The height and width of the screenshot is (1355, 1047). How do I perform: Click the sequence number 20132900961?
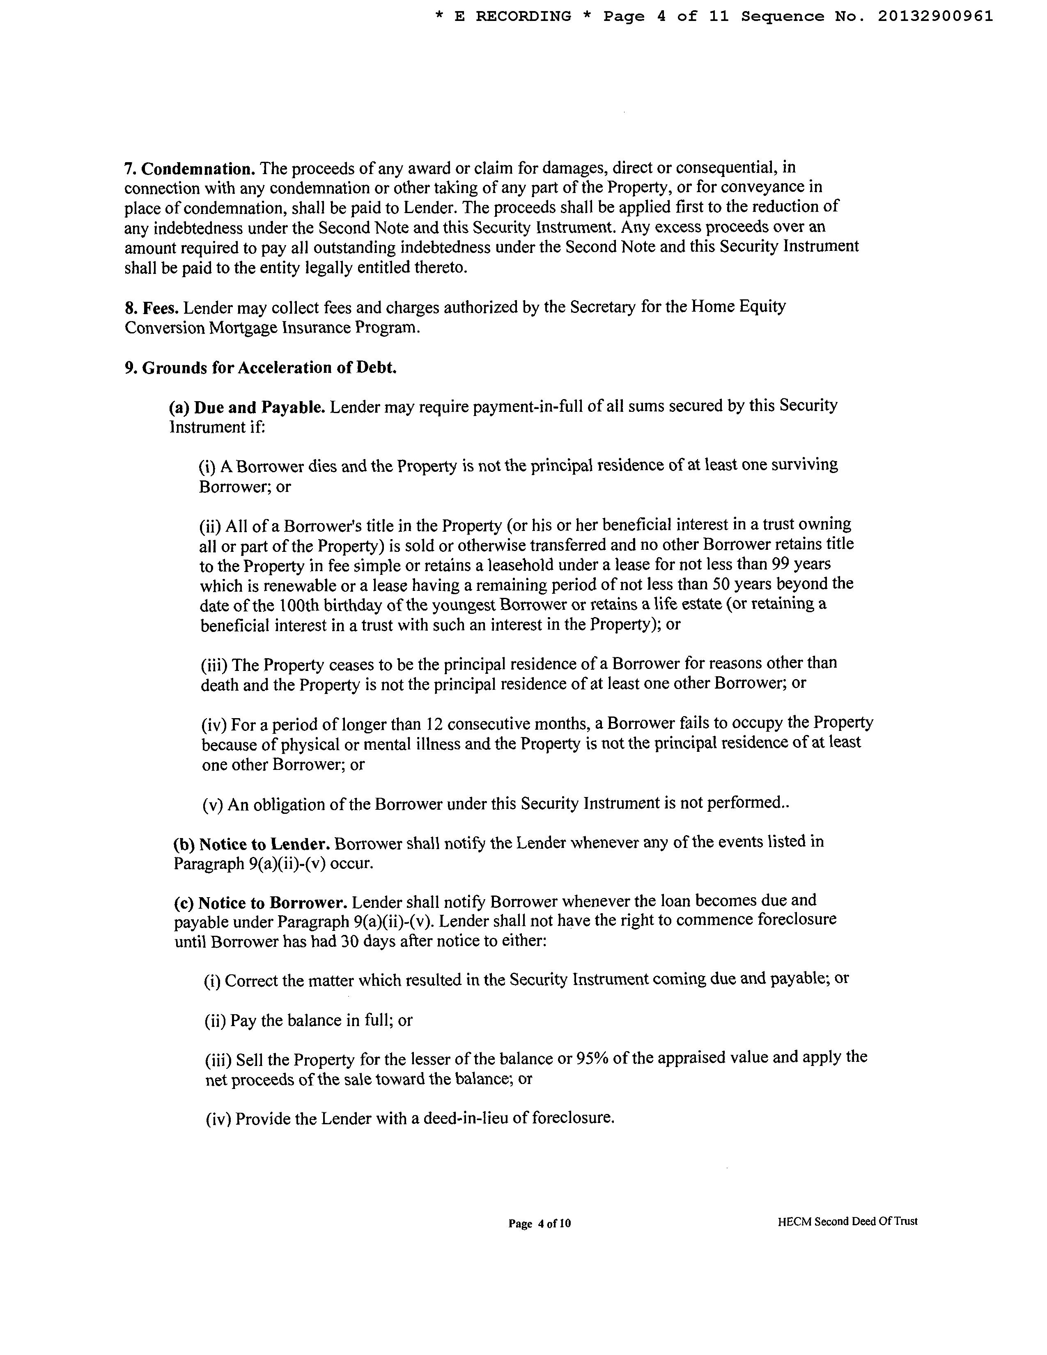pos(935,17)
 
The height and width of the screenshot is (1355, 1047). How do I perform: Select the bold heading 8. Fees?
pos(152,308)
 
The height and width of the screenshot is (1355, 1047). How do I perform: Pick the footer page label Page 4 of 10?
pos(539,1223)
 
